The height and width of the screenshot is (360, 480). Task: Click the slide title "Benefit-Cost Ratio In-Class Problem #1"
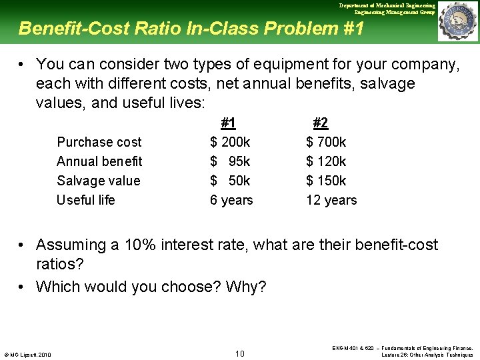[x=191, y=29]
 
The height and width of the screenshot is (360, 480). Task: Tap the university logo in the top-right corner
[x=457, y=22]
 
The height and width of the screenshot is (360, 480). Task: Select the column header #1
[x=228, y=123]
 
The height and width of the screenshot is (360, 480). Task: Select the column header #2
[x=320, y=123]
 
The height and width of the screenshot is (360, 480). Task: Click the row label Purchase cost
[x=99, y=142]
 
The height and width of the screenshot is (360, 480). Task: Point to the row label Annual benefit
[x=99, y=161]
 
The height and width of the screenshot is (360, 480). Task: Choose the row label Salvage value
[x=98, y=181]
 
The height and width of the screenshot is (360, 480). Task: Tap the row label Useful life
[x=85, y=200]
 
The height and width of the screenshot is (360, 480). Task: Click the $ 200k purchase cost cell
[x=230, y=142]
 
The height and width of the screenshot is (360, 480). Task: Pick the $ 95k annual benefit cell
[x=230, y=161]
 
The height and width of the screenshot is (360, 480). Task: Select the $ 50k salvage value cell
[x=230, y=181]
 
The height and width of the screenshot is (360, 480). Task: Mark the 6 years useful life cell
[x=231, y=200]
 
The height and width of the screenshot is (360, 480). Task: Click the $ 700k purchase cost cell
[x=326, y=142]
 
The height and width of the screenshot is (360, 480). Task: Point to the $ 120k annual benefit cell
[x=326, y=161]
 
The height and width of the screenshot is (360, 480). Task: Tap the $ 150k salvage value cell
[x=326, y=181]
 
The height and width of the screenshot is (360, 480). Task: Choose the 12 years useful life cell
[x=331, y=200]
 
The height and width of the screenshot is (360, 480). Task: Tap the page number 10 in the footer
[x=240, y=353]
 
